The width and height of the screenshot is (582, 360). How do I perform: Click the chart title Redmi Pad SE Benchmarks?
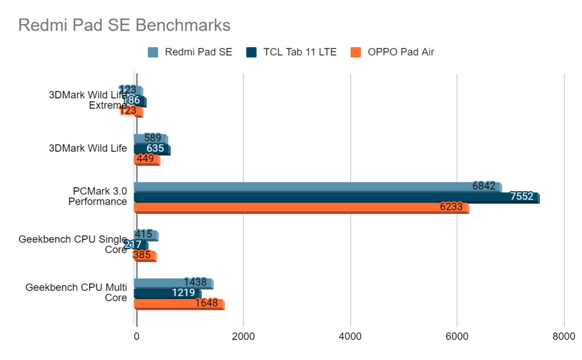tap(124, 25)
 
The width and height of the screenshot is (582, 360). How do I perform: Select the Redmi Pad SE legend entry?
tap(190, 52)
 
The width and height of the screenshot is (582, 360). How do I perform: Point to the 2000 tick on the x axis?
tap(243, 337)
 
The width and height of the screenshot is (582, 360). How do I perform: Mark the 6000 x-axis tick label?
tap(458, 337)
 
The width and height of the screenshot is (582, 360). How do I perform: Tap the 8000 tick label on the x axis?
tap(564, 337)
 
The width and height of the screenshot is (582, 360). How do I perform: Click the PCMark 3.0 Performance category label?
tap(99, 196)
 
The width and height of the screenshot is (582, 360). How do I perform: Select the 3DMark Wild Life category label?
tap(88, 149)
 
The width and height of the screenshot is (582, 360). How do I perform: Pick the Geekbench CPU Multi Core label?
tap(76, 292)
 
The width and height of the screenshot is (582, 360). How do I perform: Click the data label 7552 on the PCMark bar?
tap(522, 197)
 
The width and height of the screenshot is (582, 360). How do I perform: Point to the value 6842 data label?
tap(484, 186)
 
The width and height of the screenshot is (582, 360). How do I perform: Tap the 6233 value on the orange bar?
tap(451, 208)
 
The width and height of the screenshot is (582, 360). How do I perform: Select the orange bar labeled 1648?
tap(178, 304)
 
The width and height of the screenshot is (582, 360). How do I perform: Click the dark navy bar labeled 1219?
tap(167, 293)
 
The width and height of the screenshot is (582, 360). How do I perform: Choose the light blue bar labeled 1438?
tap(173, 283)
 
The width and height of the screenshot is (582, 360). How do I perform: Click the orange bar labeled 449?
tap(147, 159)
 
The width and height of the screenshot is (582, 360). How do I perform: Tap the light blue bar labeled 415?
tap(145, 234)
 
